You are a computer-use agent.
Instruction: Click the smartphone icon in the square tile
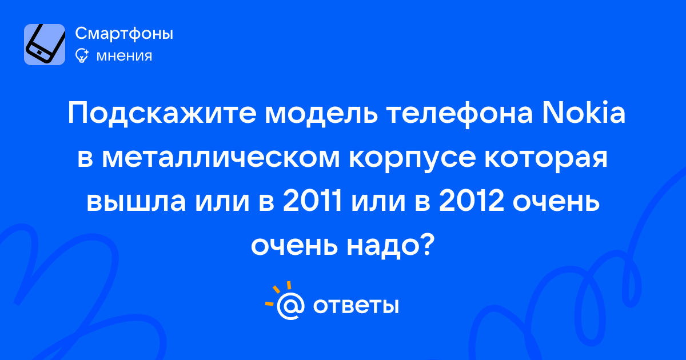pyautogui.click(x=45, y=45)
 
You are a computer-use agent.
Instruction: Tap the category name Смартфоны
pyautogui.click(x=124, y=33)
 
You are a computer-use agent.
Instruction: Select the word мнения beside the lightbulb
pyautogui.click(x=124, y=56)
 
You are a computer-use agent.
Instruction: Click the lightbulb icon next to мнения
pyautogui.click(x=82, y=55)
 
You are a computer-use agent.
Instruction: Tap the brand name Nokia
pyautogui.click(x=584, y=112)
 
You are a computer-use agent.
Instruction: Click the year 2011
pyautogui.click(x=312, y=200)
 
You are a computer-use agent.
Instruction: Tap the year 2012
pyautogui.click(x=471, y=200)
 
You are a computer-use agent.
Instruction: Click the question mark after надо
pyautogui.click(x=426, y=244)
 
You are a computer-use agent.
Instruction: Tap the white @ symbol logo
pyautogui.click(x=290, y=306)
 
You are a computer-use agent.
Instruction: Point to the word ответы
pyautogui.click(x=356, y=306)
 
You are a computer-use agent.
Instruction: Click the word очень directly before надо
pyautogui.click(x=294, y=247)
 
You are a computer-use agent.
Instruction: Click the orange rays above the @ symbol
pyautogui.click(x=278, y=293)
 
